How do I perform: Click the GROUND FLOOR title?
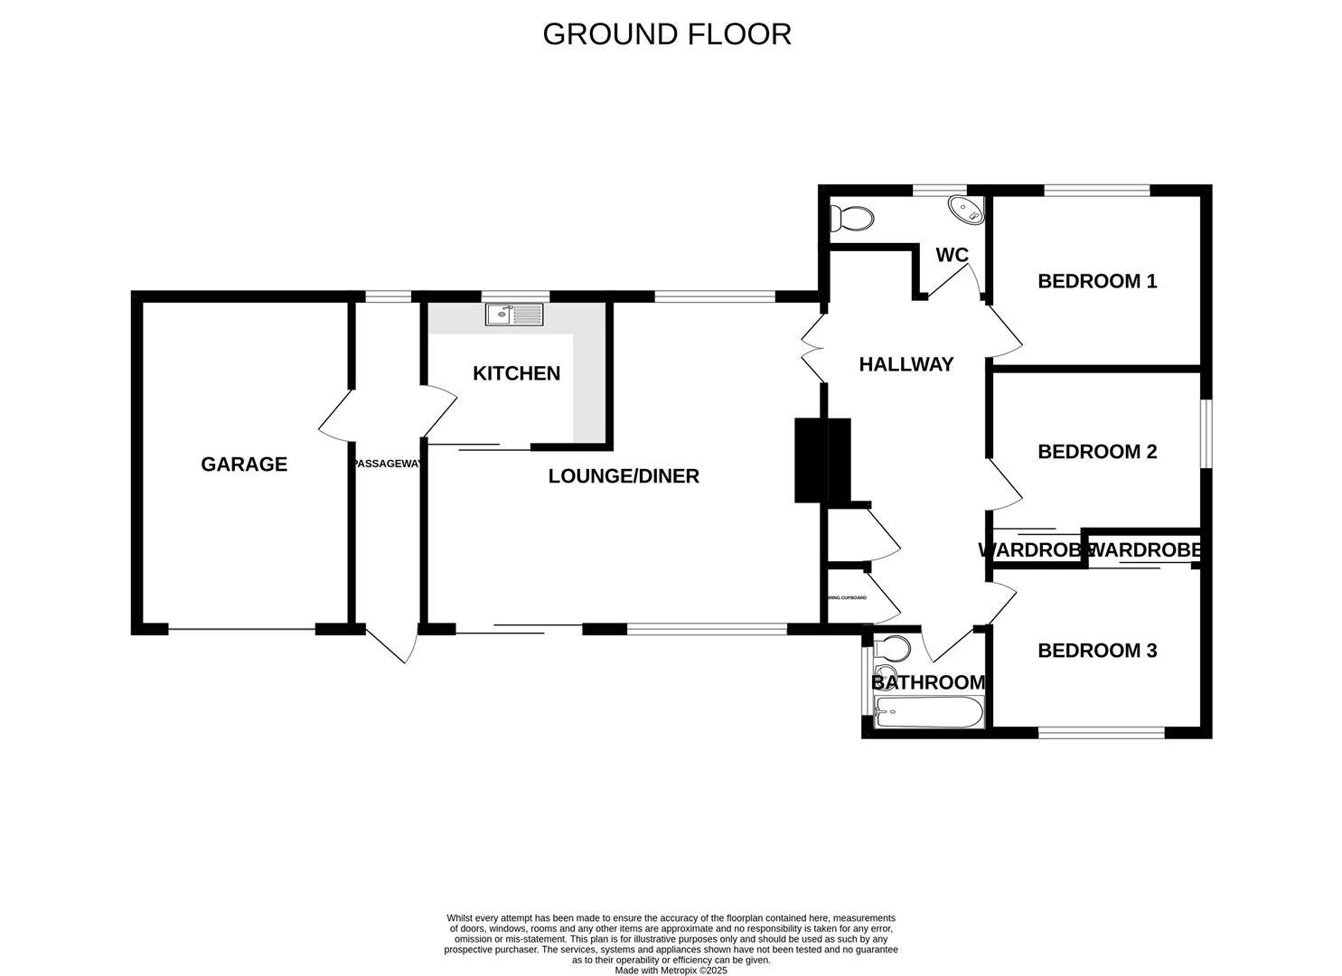click(x=667, y=34)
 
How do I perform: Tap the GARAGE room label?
click(x=244, y=465)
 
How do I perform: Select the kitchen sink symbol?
click(x=514, y=314)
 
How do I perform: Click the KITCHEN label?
click(x=516, y=373)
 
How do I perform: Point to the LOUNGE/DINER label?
click(x=624, y=476)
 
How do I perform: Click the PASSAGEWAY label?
click(x=387, y=464)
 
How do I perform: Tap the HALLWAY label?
click(x=906, y=364)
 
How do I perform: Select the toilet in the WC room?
click(x=852, y=219)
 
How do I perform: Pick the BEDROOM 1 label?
click(x=1097, y=281)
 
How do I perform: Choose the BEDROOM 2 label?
click(x=1097, y=452)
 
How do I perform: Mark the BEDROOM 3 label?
click(x=1097, y=651)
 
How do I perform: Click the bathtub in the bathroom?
click(x=929, y=713)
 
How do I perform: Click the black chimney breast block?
click(x=822, y=459)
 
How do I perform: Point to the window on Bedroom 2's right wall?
click(x=1206, y=434)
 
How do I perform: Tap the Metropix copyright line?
click(x=671, y=971)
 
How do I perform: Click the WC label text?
click(x=952, y=256)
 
